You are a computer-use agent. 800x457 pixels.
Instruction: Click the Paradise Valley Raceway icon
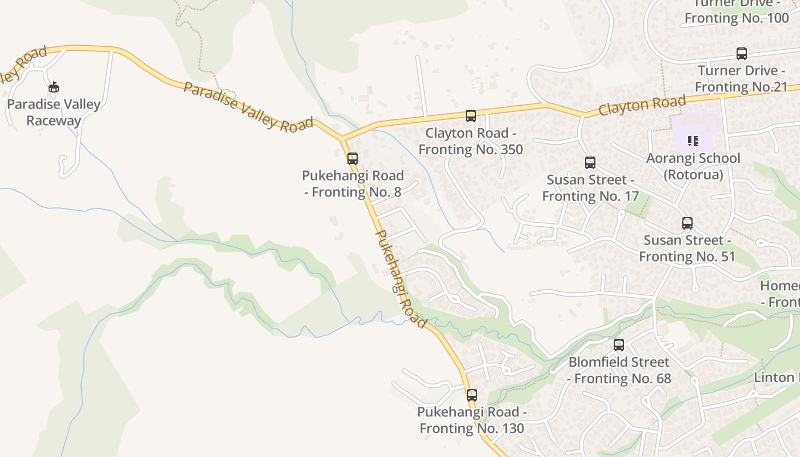(54, 87)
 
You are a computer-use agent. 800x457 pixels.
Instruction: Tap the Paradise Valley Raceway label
(54, 113)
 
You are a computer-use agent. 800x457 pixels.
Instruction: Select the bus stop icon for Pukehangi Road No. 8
(353, 159)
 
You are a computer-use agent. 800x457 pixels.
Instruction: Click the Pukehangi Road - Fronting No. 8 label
(353, 184)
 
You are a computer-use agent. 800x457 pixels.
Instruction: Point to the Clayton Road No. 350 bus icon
(471, 116)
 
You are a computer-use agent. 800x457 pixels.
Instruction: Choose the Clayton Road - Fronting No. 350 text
(471, 141)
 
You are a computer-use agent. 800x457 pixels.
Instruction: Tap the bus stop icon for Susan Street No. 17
(590, 163)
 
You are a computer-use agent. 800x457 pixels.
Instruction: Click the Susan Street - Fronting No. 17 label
(590, 188)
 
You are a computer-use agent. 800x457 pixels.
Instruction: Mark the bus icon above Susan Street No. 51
(687, 223)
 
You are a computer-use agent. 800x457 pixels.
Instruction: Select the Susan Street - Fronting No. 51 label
(687, 248)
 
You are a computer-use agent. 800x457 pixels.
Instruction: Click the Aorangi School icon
(693, 141)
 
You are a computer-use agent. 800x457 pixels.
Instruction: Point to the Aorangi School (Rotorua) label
(693, 166)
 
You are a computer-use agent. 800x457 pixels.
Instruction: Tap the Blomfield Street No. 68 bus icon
(619, 345)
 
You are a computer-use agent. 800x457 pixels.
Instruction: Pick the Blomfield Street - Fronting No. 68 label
(619, 370)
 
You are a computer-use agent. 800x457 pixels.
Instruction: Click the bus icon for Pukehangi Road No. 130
(472, 395)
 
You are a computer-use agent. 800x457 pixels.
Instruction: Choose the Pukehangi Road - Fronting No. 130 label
(472, 420)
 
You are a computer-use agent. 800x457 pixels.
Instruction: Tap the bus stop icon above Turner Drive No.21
(742, 54)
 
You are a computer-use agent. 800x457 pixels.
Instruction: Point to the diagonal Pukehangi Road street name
(401, 279)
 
